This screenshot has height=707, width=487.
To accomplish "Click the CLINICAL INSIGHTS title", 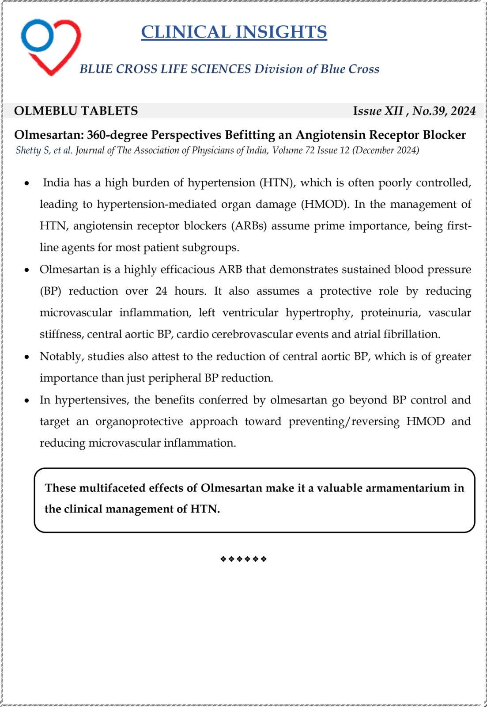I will click(234, 32).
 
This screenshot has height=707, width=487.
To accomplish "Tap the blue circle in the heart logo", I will click(38, 35).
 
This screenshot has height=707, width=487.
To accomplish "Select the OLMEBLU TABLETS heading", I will click(76, 110).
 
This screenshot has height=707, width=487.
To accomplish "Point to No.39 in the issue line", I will click(427, 110).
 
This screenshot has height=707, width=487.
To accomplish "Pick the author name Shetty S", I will click(33, 150).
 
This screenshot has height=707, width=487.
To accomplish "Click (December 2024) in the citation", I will click(385, 150).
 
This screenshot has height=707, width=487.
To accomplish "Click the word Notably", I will click(61, 356).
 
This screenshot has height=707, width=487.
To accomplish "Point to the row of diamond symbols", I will click(243, 559).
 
